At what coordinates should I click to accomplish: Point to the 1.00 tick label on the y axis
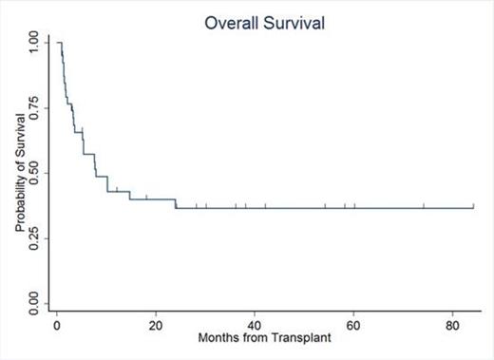[34, 42]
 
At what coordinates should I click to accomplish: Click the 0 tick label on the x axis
[57, 323]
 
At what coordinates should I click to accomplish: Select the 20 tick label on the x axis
[156, 323]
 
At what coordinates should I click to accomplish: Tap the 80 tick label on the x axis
[453, 323]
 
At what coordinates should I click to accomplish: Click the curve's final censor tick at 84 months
[473, 205]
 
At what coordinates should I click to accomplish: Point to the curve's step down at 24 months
[176, 203]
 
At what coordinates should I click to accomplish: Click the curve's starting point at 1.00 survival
[58, 43]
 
